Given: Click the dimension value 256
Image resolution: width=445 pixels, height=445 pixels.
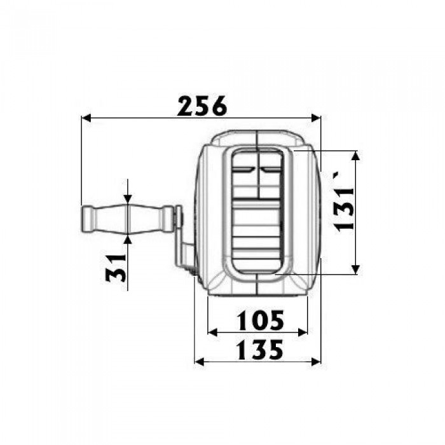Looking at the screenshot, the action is pyautogui.click(x=202, y=106).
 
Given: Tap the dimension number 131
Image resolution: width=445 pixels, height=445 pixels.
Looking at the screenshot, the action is pyautogui.click(x=344, y=209).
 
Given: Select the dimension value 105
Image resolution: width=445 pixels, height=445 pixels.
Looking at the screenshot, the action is pyautogui.click(x=260, y=320).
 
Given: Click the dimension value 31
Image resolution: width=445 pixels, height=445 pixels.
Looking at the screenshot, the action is pyautogui.click(x=116, y=268).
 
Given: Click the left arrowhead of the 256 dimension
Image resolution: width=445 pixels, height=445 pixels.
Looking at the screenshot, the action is pyautogui.click(x=86, y=118).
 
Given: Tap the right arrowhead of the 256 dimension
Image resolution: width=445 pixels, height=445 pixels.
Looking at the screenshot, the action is pyautogui.click(x=316, y=118).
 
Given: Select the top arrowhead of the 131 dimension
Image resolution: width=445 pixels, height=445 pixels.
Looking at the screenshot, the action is pyautogui.click(x=355, y=156).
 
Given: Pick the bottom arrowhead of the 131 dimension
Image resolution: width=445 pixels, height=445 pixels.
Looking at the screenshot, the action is pyautogui.click(x=355, y=270).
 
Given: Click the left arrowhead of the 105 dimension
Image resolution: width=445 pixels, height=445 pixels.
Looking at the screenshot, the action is pyautogui.click(x=212, y=332).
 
